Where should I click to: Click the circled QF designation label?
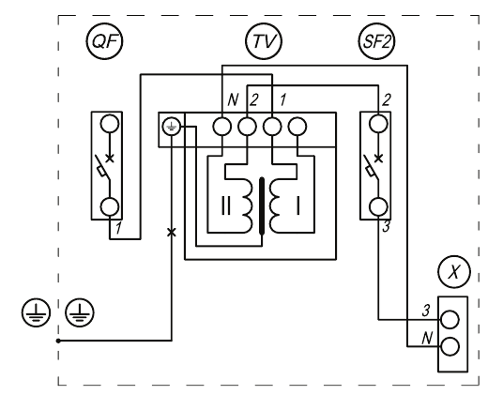[x=104, y=41]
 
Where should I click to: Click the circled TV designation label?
[x=264, y=41]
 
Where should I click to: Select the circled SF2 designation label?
[x=376, y=41]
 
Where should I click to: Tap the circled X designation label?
[x=454, y=272]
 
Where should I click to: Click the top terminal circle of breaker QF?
[x=110, y=124]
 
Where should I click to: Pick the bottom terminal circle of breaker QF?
[x=110, y=207]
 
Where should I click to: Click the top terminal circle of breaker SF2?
[x=378, y=124]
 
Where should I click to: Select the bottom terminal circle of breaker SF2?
[x=378, y=207]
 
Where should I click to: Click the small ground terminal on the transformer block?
[x=172, y=127]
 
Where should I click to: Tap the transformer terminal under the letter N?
[x=222, y=127]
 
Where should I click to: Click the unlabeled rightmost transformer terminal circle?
[x=297, y=127]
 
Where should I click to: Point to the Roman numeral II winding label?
[x=226, y=205]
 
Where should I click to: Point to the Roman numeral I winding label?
[x=297, y=205]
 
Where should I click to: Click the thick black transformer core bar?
[x=262, y=205]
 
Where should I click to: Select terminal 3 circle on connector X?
[x=450, y=320]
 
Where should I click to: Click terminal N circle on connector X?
[x=450, y=346]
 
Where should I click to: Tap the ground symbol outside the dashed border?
[x=36, y=312]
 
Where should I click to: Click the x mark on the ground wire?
[x=172, y=233]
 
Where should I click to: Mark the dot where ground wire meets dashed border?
[x=58, y=341]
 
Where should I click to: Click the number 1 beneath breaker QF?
[x=118, y=229]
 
